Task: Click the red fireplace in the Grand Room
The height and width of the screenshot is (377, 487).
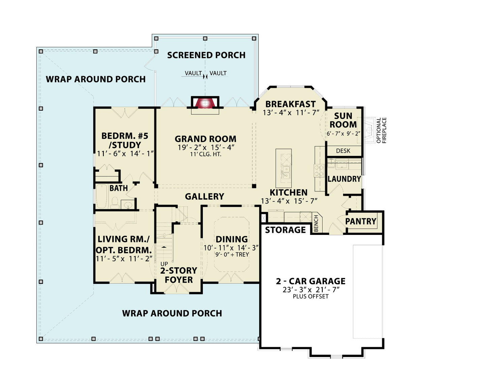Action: click(205, 103)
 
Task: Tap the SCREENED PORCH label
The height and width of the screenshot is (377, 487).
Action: click(206, 55)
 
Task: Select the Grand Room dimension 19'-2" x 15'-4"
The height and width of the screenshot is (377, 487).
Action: click(206, 147)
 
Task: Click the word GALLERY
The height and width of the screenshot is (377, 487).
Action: click(204, 196)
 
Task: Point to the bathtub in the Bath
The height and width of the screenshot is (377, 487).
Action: click(102, 197)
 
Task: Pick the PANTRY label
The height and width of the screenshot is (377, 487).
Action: click(360, 221)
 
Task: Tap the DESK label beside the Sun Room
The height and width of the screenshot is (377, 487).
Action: click(343, 151)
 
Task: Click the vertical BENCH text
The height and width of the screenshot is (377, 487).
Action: click(316, 223)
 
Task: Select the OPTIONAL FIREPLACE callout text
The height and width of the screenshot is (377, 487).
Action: click(381, 130)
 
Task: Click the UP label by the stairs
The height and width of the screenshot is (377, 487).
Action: click(164, 264)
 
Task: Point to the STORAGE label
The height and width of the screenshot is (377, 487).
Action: click(285, 230)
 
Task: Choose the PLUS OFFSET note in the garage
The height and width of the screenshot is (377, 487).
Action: click(311, 296)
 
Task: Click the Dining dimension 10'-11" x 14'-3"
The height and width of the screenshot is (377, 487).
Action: click(231, 248)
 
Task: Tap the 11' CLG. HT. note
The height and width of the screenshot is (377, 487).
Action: click(206, 154)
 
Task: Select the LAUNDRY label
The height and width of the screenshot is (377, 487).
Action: click(344, 179)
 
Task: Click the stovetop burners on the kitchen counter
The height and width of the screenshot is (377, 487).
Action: click(319, 170)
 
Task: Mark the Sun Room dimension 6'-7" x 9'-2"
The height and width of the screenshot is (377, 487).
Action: click(343, 134)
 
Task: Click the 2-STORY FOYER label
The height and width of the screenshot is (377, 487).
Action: click(179, 275)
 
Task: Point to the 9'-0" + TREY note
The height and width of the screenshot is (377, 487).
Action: click(232, 254)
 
